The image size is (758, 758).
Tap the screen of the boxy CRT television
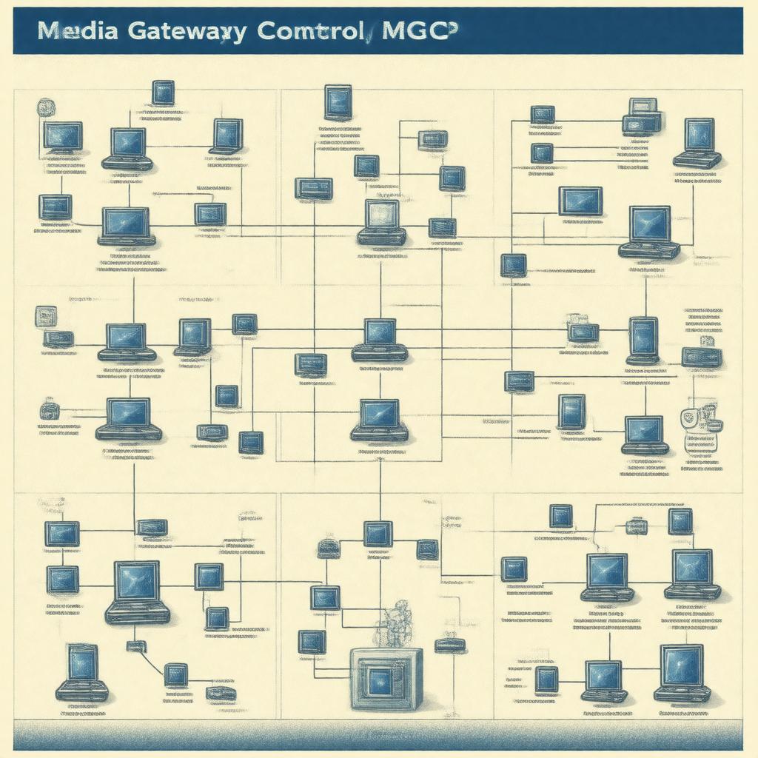click(x=379, y=679)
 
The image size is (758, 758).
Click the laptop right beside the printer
click(x=697, y=142)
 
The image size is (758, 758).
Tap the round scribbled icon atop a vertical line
click(x=45, y=107)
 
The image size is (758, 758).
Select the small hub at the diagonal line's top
click(x=135, y=645)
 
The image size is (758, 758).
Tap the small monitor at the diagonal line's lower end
click(x=175, y=674)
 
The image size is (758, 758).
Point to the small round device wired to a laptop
click(x=50, y=409)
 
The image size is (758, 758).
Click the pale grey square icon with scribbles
click(x=46, y=317)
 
